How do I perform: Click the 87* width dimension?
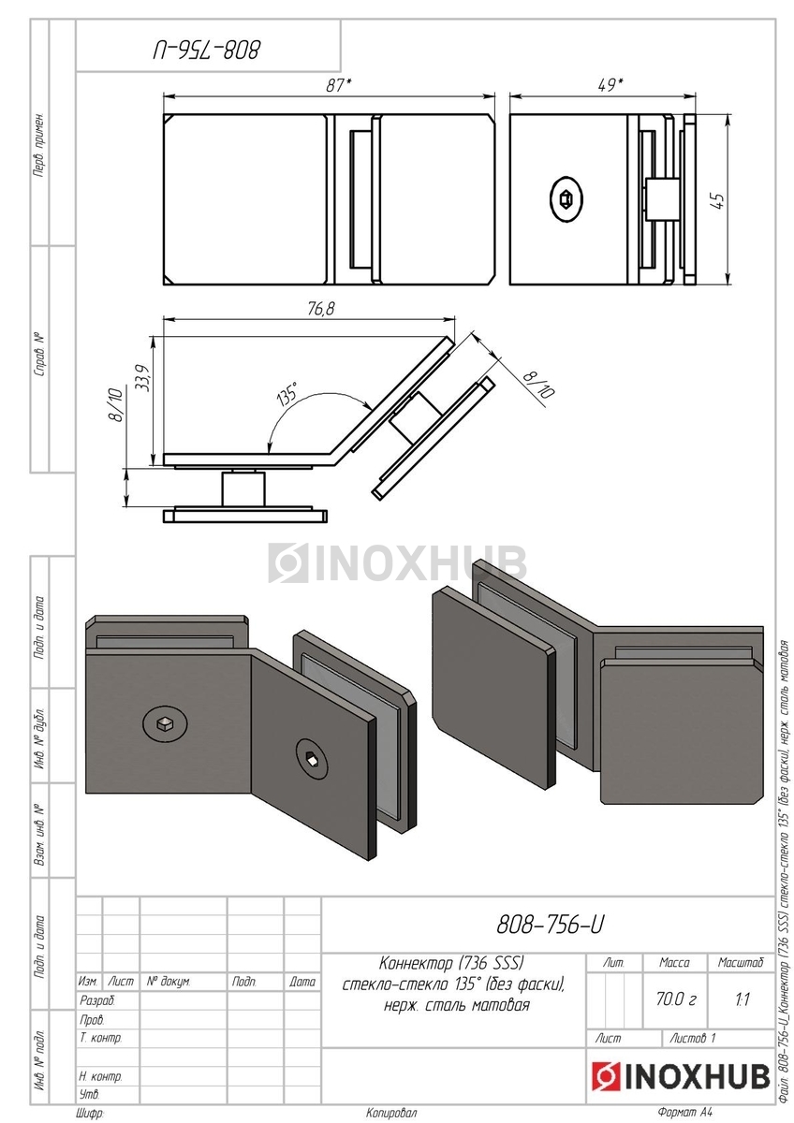[338, 86]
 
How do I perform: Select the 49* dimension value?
[610, 85]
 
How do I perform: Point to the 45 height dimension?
[718, 201]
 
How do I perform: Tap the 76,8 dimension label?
[321, 309]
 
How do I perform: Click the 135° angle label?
[287, 393]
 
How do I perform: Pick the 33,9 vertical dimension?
[141, 377]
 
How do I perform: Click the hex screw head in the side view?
[566, 198]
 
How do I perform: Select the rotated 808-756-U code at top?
[207, 51]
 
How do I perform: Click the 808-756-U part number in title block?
[550, 925]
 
